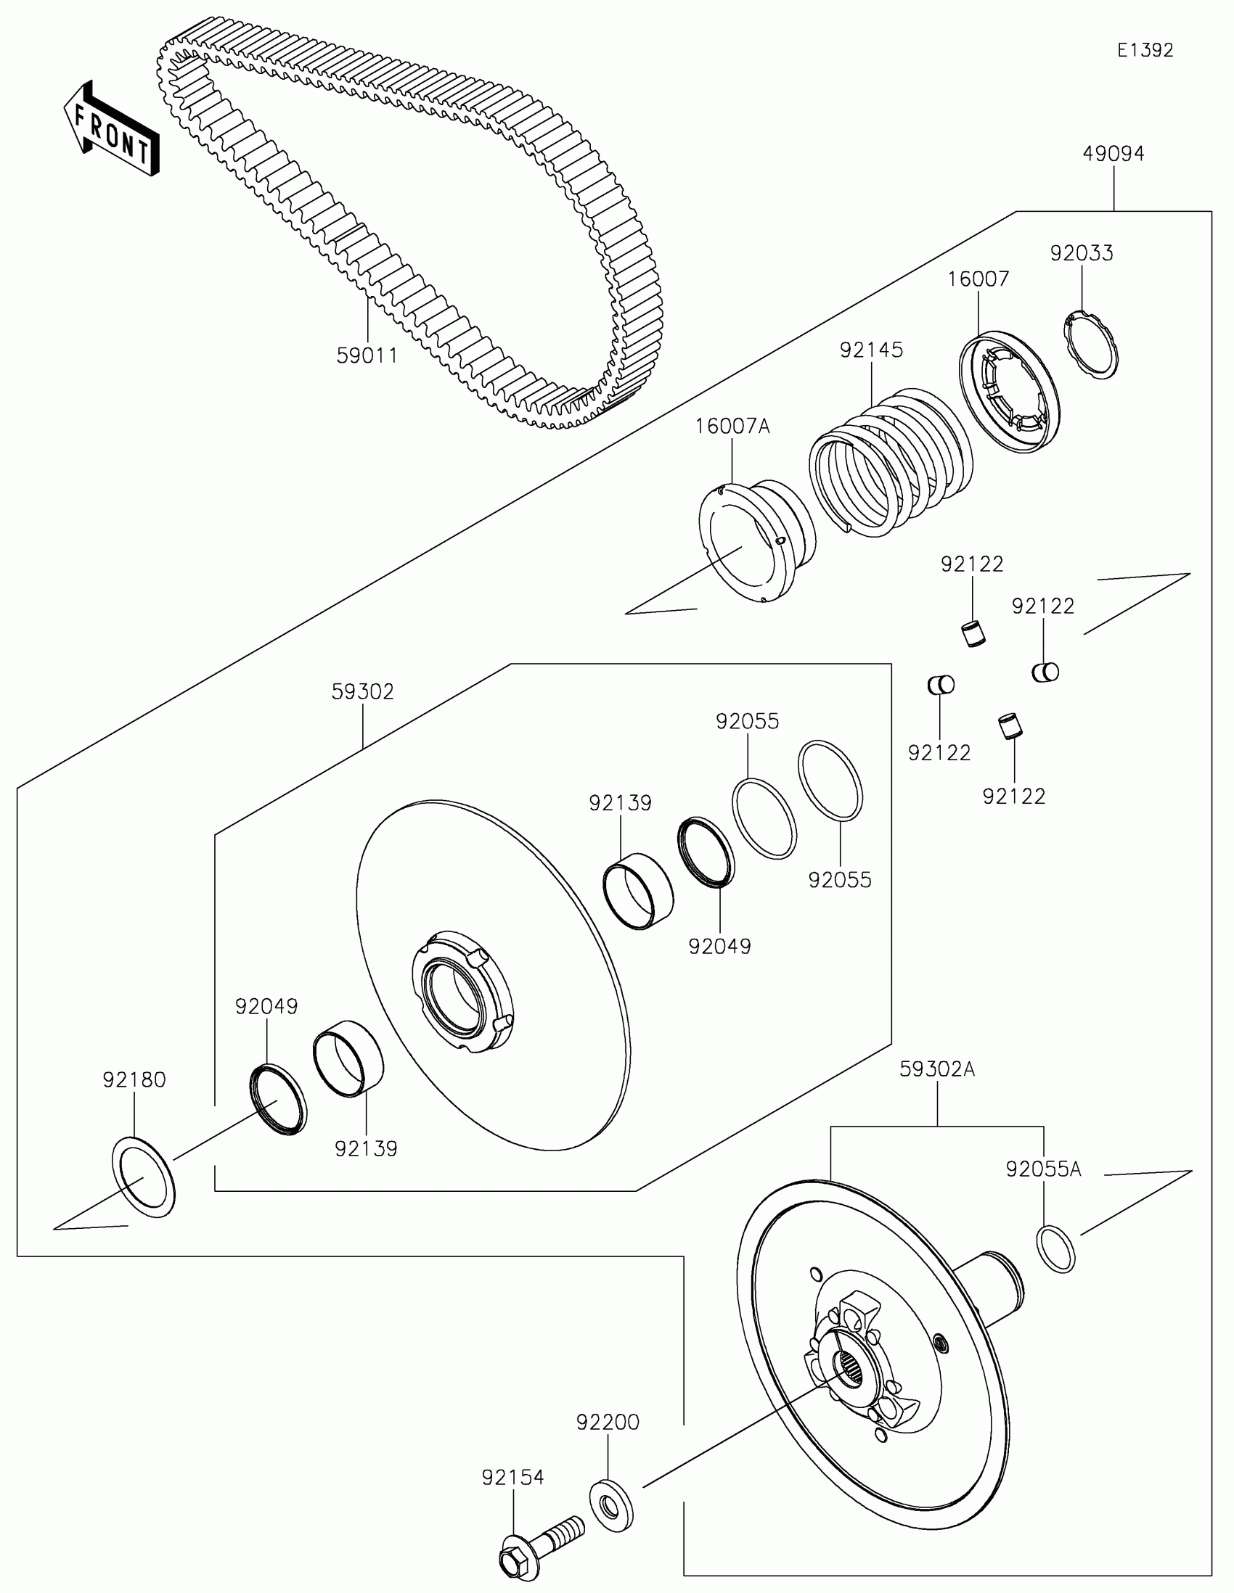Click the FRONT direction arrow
point(111,128)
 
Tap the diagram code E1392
point(1145,50)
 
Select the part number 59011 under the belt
point(367,356)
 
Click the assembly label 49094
point(1113,154)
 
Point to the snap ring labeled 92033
point(1090,345)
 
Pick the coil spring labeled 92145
point(890,462)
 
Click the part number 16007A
point(732,426)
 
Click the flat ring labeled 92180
point(144,1177)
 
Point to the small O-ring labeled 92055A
point(1055,1250)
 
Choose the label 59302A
point(937,1069)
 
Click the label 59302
point(363,691)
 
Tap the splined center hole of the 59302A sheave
point(850,1364)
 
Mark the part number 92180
point(134,1079)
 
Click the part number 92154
point(512,1478)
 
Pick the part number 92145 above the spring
point(871,350)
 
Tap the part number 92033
point(1082,253)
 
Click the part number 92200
point(608,1423)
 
